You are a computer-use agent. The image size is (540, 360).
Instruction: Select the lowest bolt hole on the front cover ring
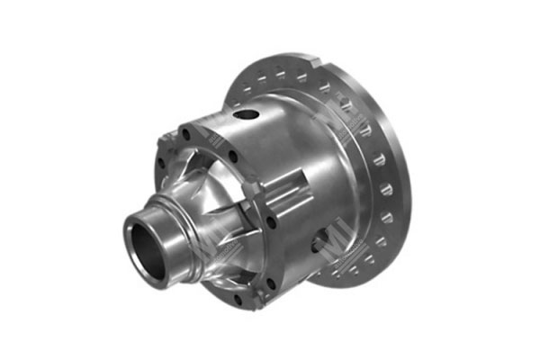pyautogui.click(x=238, y=301)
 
